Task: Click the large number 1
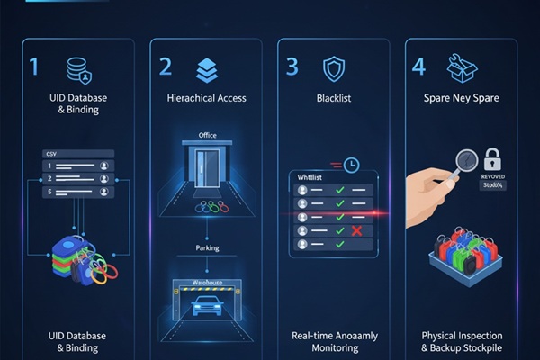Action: click(34, 67)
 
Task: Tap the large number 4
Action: click(418, 67)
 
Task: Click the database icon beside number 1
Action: click(79, 68)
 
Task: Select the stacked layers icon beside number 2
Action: click(206, 68)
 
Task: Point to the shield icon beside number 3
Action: click(334, 68)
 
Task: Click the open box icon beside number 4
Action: click(462, 67)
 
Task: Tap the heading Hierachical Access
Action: click(206, 97)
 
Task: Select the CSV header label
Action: click(50, 154)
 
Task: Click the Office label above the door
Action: click(207, 136)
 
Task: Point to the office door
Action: click(207, 169)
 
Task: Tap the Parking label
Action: click(207, 247)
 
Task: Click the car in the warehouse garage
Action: click(207, 306)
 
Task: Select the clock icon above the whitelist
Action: click(350, 165)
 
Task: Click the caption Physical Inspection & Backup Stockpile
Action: click(463, 341)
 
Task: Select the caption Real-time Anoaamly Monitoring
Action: click(335, 341)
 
